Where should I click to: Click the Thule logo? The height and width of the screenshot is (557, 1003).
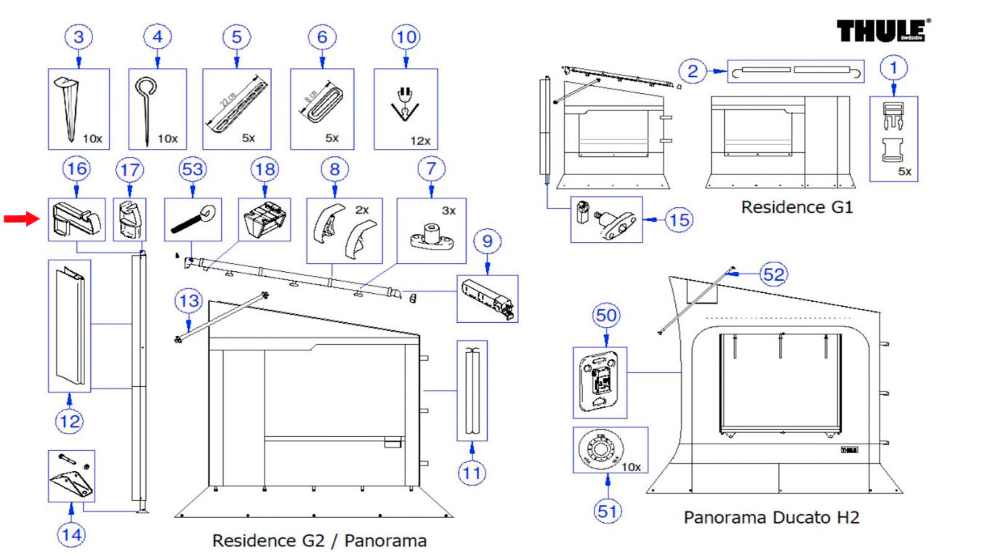(x=883, y=31)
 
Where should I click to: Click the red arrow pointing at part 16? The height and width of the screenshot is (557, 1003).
(x=21, y=219)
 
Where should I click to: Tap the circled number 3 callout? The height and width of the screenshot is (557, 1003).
(x=78, y=37)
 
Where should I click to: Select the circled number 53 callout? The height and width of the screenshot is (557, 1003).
(x=193, y=169)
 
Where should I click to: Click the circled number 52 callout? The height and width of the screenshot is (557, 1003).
(x=773, y=274)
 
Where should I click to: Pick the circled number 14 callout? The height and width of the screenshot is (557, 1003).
(x=71, y=535)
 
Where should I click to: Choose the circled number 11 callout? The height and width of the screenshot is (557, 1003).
(x=472, y=473)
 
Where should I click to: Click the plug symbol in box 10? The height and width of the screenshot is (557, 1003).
(x=404, y=102)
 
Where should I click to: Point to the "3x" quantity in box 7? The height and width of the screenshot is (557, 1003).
(x=448, y=211)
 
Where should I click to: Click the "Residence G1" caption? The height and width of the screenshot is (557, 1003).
(x=797, y=207)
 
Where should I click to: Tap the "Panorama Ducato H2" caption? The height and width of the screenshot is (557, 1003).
(x=771, y=518)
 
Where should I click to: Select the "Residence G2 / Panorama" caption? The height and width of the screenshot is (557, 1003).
(x=319, y=541)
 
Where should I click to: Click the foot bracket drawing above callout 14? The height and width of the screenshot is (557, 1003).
(x=71, y=477)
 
